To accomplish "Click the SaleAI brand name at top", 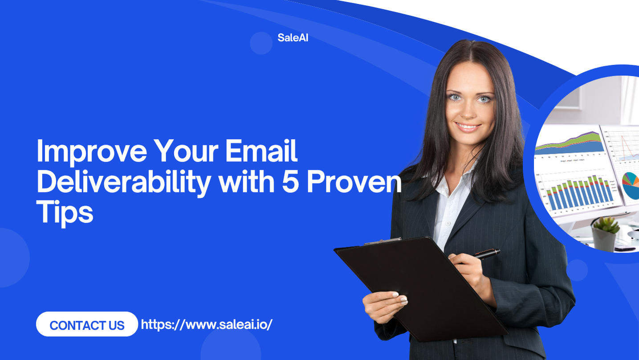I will point(293,38).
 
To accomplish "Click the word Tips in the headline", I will point(65,213).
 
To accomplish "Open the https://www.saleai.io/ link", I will point(207,324).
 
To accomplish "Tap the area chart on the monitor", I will point(570,143).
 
